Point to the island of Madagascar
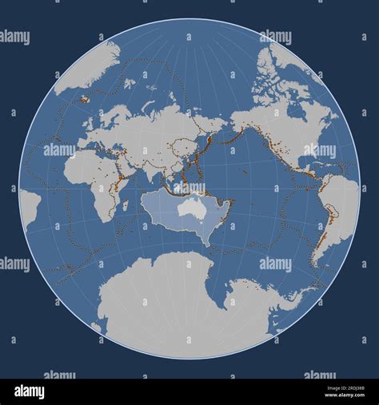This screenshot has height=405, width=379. coord(124,205)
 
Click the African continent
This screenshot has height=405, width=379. coord(92,176)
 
